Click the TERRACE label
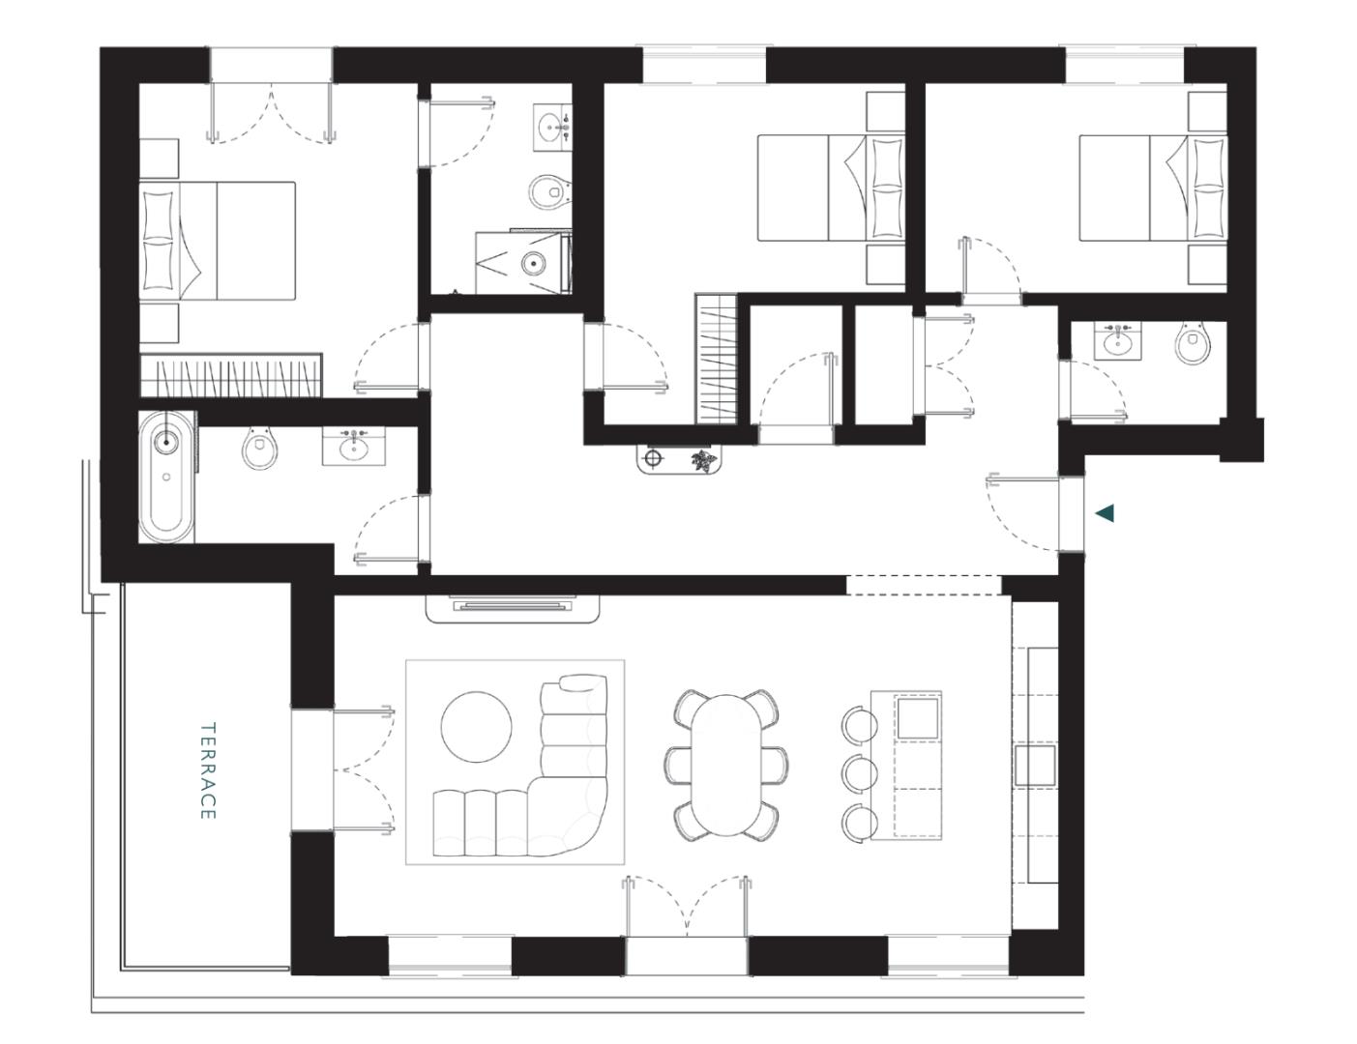(x=207, y=770)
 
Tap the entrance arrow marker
(x=1104, y=513)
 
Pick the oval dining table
(x=725, y=763)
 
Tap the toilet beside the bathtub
(x=258, y=449)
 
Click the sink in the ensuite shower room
(x=552, y=127)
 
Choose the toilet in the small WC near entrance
(x=1193, y=344)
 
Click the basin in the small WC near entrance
(x=1118, y=340)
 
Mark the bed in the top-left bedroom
(x=218, y=240)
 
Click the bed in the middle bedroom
(x=830, y=188)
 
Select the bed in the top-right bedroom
(x=1152, y=188)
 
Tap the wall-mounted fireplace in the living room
(x=513, y=608)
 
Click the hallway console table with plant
(x=679, y=459)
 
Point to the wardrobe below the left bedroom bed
(x=230, y=375)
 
